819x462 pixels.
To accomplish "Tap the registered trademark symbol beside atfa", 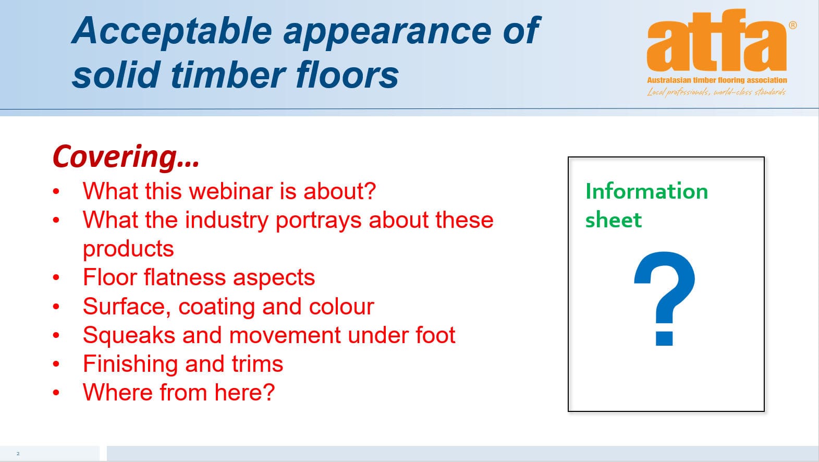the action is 793,25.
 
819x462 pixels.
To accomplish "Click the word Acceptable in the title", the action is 172,32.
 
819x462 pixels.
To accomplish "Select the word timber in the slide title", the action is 228,75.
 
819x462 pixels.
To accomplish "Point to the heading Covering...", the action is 126,156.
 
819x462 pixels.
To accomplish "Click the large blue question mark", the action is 664,298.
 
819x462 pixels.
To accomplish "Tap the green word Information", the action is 646,191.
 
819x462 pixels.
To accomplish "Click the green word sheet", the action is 613,220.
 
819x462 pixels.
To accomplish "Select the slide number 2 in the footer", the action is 18,454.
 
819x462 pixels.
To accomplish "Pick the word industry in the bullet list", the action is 226,221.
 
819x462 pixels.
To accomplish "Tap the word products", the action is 128,249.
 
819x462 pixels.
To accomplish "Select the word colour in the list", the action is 341,306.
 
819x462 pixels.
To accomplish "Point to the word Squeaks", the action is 129,335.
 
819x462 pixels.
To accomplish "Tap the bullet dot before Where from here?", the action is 56,393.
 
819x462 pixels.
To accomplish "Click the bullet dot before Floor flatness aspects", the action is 56,277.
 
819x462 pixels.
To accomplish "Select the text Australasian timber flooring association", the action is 717,80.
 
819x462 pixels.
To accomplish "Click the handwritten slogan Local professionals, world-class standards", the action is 717,92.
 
